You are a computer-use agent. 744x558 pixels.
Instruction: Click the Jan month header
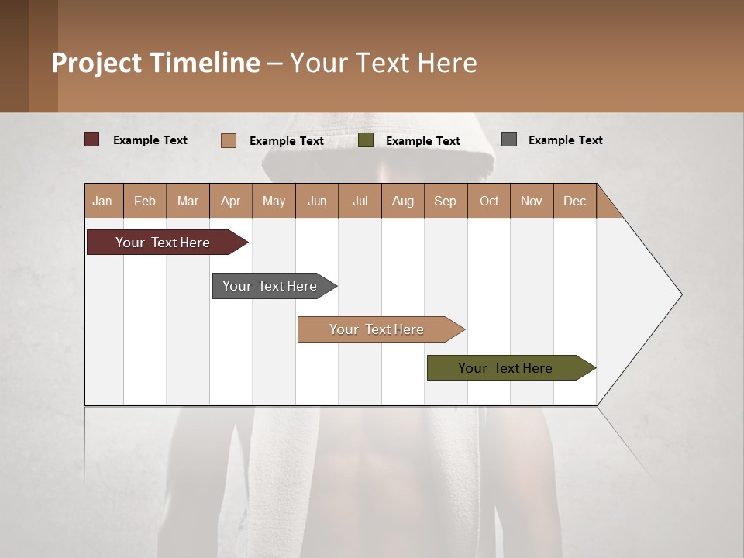coord(103,201)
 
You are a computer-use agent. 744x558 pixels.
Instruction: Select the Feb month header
coord(145,201)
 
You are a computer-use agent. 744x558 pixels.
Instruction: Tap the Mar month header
coord(188,201)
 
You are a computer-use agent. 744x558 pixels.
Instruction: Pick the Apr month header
coord(231,201)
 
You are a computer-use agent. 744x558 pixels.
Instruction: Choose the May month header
coord(274,201)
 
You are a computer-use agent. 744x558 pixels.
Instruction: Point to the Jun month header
coord(317,201)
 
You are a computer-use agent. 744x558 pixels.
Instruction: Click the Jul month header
coord(360,201)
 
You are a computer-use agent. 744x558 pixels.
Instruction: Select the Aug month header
coord(403,201)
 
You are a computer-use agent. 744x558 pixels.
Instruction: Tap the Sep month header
coord(446,201)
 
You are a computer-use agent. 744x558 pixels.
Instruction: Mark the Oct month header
coord(489,201)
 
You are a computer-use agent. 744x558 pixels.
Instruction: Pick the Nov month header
coord(532,201)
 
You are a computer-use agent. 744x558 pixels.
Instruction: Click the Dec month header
coord(575,201)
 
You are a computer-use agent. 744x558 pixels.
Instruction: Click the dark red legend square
coord(92,139)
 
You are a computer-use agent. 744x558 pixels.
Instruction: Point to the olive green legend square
coord(366,140)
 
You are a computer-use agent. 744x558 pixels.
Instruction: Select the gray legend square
coord(509,139)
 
